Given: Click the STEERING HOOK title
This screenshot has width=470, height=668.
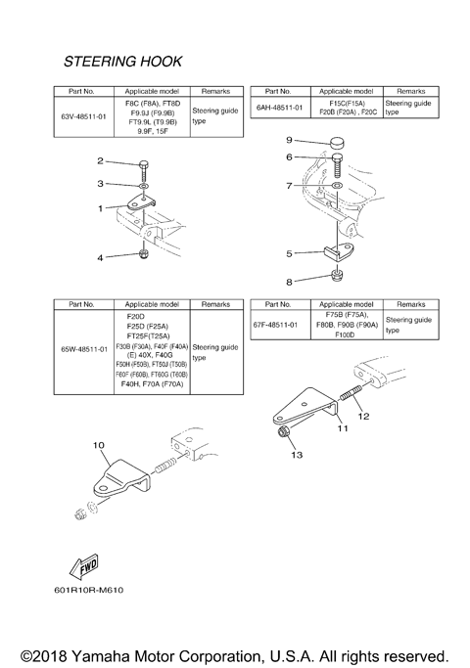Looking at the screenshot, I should [122, 61].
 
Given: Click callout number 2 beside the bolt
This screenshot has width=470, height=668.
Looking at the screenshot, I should [100, 160].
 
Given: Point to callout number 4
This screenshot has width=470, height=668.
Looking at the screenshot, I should [99, 257].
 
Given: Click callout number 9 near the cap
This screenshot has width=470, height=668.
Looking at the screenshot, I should [289, 140].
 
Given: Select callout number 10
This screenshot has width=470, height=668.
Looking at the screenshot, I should [99, 445].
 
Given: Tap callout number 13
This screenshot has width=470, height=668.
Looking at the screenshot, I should [298, 455].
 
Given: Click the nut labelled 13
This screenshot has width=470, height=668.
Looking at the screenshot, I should [283, 431].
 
